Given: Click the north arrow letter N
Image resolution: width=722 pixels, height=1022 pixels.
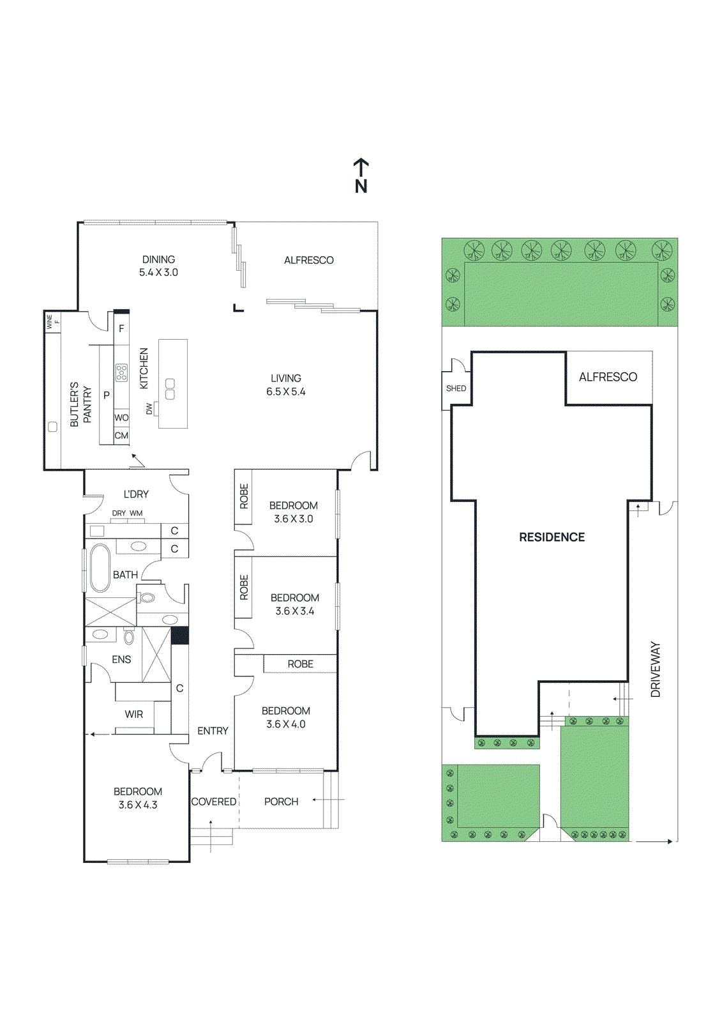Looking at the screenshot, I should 361,187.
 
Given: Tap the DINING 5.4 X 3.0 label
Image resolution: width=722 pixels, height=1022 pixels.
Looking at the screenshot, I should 158,266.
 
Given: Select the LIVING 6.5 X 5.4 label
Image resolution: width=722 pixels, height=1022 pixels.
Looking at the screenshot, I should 286,385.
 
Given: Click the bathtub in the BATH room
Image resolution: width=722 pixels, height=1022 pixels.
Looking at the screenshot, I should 100,568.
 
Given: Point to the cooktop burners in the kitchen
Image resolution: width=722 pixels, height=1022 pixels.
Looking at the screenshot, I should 121,372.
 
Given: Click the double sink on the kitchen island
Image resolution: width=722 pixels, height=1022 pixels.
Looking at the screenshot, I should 170,389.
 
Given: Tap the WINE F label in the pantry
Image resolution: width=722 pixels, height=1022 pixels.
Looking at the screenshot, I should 52,321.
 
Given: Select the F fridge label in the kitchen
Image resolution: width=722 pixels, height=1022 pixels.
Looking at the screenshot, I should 121,329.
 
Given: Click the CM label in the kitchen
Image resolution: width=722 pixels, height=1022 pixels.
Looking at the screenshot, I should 121,436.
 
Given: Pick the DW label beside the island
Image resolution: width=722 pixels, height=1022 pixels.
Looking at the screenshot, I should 149,408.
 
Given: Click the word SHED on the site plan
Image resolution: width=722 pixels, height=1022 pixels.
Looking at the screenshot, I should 456,388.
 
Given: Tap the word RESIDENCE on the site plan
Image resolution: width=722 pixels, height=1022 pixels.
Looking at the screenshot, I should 552,537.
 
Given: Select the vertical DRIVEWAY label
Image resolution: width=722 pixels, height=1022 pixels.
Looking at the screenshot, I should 656,669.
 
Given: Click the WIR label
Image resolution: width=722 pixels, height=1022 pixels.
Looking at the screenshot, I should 134,714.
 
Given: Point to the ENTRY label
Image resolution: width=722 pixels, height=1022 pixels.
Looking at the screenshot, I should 213,731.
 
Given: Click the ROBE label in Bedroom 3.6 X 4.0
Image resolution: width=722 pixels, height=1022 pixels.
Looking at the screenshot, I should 300,664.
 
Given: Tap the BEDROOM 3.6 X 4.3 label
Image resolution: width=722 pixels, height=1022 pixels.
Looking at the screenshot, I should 138,798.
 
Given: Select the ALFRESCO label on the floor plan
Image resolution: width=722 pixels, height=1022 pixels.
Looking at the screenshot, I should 309,260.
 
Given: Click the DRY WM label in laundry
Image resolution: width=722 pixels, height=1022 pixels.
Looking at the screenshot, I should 127,513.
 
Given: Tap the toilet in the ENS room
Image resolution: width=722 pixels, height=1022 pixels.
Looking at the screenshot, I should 129,636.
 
